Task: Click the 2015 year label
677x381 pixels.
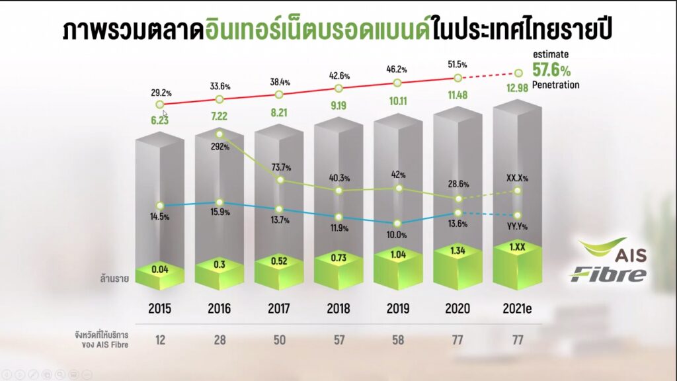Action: point(159,309)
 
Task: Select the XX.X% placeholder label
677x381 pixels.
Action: point(517,177)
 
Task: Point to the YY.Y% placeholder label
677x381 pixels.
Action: point(518,226)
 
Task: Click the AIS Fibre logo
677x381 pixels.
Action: point(608,261)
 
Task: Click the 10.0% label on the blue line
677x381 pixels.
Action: point(397,235)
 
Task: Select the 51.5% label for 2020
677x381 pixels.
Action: point(457,65)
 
